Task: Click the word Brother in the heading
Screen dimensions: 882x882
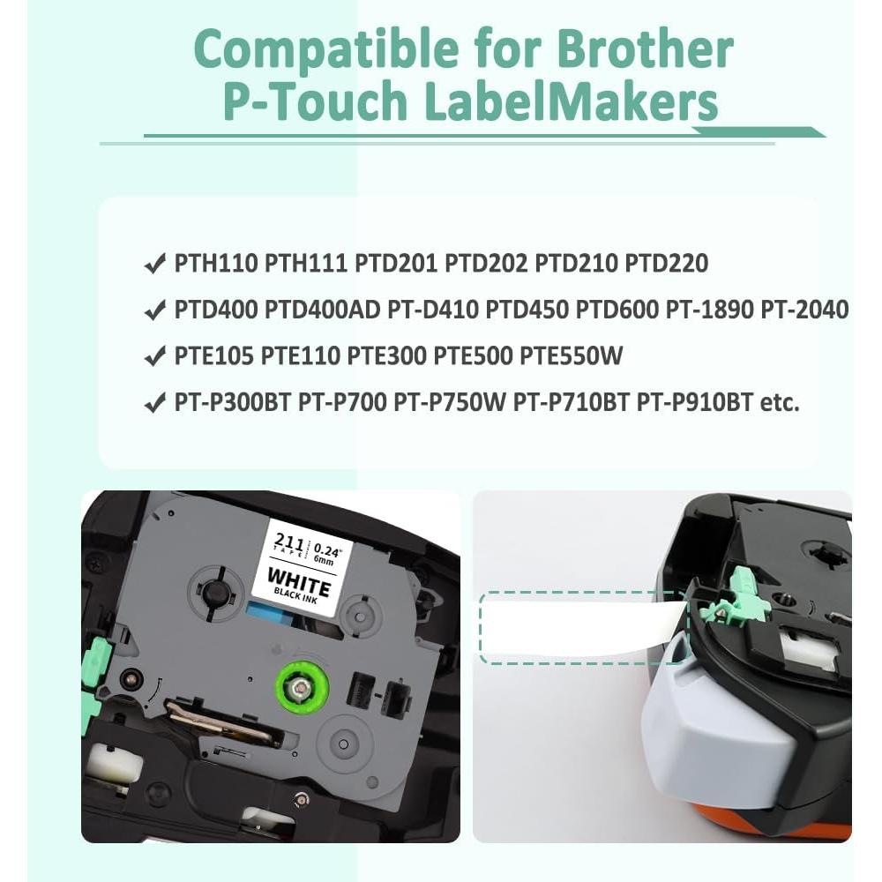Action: click(x=648, y=50)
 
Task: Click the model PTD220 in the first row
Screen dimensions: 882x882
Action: click(x=666, y=263)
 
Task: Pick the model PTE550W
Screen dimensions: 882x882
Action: click(x=572, y=356)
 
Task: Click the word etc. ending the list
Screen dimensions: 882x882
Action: click(x=780, y=403)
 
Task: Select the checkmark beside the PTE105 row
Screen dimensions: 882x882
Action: click(x=153, y=357)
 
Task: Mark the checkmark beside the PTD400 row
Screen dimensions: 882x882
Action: click(x=153, y=310)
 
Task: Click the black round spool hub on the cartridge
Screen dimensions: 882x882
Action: click(x=213, y=594)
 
